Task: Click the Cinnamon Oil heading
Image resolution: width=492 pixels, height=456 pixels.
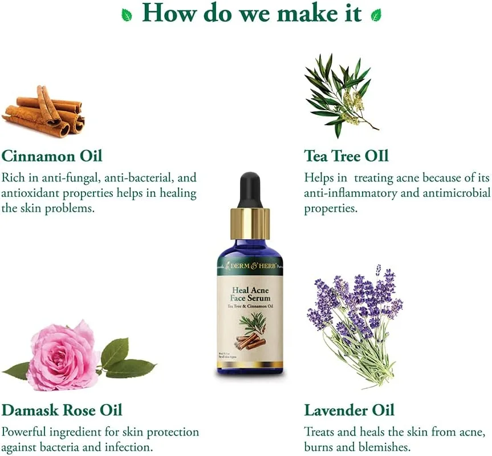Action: click(52, 155)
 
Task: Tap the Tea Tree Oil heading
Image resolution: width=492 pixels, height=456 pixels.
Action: click(346, 155)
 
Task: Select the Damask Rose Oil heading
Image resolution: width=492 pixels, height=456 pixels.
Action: click(62, 410)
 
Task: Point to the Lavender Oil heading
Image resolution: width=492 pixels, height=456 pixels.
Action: click(349, 410)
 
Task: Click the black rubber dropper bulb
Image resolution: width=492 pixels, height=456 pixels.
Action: click(250, 191)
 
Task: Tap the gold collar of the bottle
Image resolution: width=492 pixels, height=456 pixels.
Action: click(250, 223)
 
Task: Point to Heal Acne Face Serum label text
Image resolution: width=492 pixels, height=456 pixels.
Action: click(250, 293)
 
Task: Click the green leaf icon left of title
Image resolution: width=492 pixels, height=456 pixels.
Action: click(127, 15)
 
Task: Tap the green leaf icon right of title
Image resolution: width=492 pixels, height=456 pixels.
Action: click(376, 15)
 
